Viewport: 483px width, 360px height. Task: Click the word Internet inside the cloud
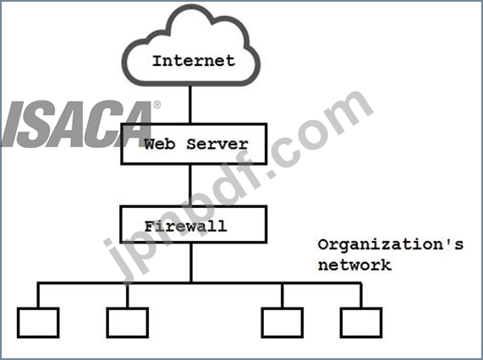coord(194,61)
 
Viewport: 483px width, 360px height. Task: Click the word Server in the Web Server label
coord(217,144)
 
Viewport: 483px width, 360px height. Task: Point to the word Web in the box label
coord(160,144)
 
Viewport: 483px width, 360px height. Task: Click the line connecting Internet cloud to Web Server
coord(190,104)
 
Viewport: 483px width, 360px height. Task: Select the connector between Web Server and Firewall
coord(190,185)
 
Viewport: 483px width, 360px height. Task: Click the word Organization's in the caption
coord(391,245)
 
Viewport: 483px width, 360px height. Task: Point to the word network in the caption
coord(354,265)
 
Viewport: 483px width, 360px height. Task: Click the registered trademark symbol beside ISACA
coord(157,105)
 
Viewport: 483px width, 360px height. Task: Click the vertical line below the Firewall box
coord(191,263)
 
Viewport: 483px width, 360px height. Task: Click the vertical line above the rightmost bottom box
coord(361,296)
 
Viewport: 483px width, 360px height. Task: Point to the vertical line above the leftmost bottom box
coord(38,296)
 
